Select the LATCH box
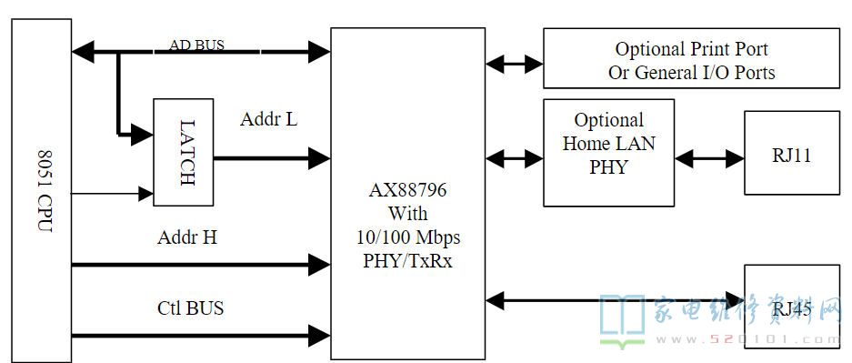(183, 152)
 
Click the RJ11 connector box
(791, 153)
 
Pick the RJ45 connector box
(791, 309)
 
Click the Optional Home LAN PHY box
(608, 152)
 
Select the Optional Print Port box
(691, 58)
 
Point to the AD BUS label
(196, 45)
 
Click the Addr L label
(268, 119)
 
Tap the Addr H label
(186, 238)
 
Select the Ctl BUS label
(190, 308)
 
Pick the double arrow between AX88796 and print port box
(515, 64)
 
